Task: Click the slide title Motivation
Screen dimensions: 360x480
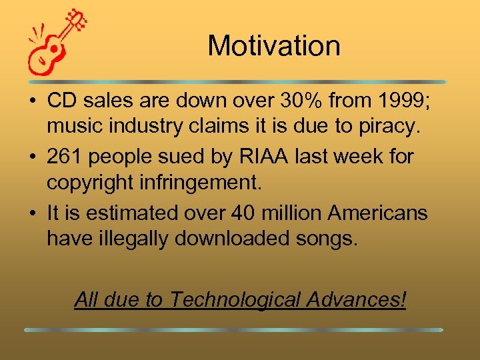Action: coord(273,46)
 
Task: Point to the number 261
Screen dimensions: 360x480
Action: coord(66,157)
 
